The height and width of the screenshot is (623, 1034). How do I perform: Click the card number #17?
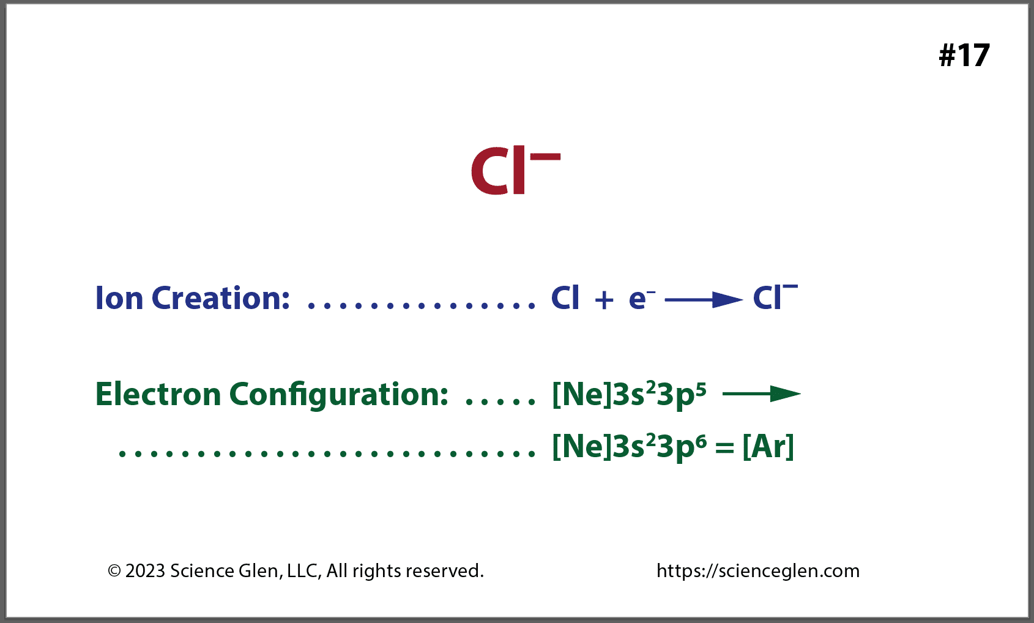964,55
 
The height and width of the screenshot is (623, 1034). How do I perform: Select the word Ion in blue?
119,299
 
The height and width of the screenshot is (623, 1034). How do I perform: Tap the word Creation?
221,299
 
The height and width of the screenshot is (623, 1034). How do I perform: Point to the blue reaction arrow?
703,300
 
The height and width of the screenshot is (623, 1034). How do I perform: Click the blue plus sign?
604,300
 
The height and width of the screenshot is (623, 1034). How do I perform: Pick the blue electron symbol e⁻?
641,298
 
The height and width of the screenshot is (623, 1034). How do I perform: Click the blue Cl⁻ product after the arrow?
774,298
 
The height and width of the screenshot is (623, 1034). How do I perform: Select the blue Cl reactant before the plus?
565,298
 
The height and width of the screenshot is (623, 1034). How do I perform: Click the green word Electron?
158,394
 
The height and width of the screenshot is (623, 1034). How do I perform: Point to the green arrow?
761,394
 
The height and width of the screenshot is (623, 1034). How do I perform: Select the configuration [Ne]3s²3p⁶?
629,447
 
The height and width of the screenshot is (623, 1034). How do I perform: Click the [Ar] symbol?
768,447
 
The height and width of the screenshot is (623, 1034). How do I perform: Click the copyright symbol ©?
114,571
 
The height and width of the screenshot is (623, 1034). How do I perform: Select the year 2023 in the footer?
146,571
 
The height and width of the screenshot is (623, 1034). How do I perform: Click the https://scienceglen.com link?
757,571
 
